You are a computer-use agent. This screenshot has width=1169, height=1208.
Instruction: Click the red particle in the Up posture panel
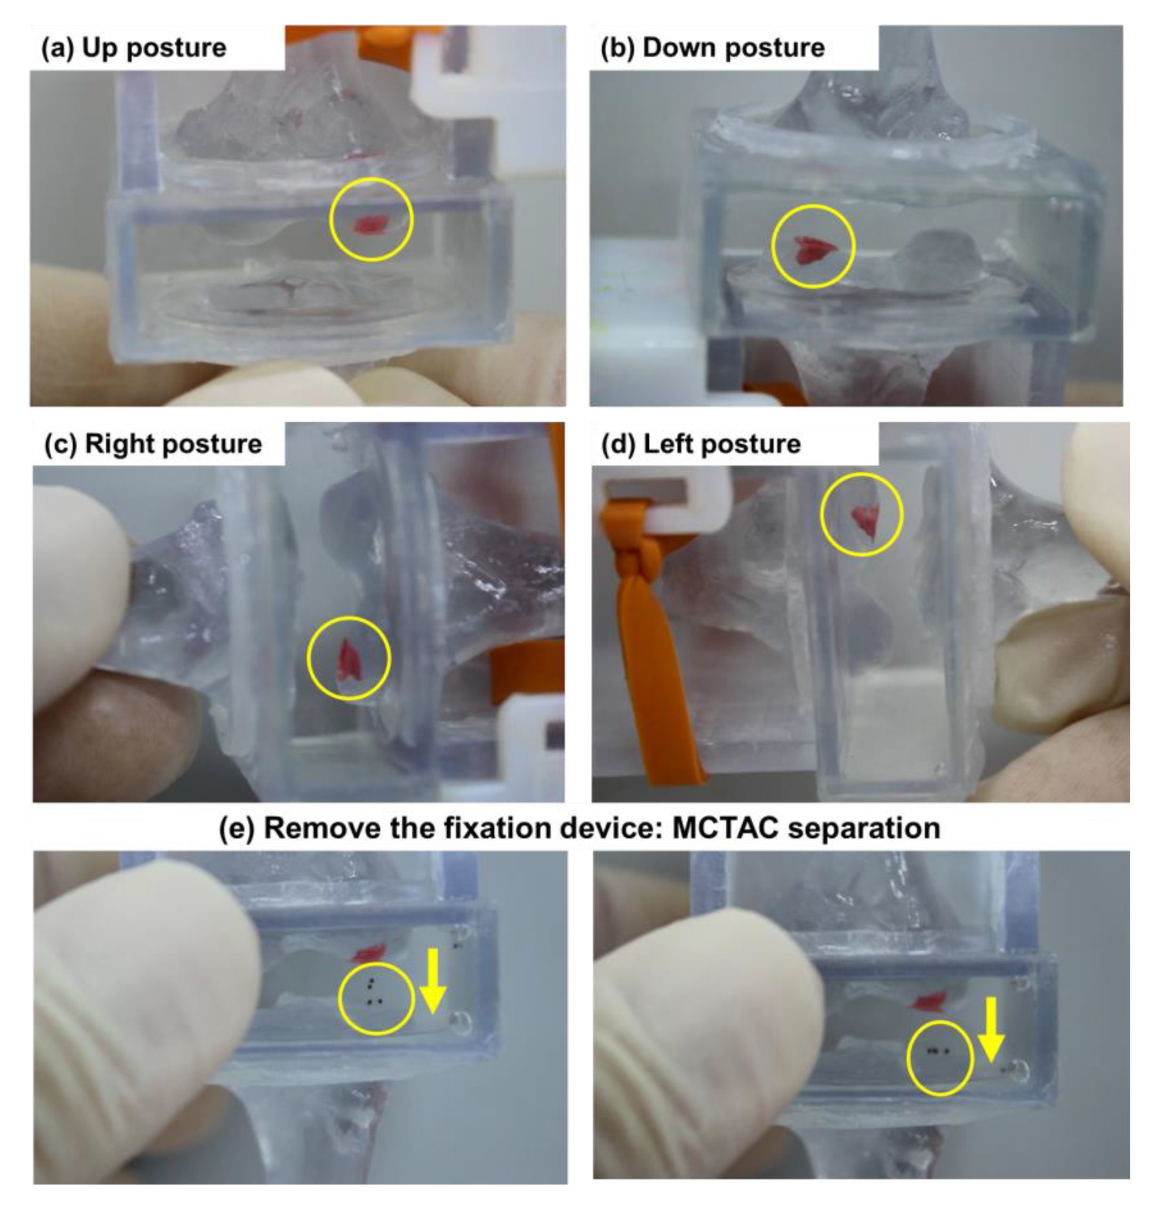(370, 224)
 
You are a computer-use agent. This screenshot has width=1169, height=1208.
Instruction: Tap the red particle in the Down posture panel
(813, 249)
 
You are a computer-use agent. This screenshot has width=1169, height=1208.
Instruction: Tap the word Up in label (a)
(101, 48)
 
